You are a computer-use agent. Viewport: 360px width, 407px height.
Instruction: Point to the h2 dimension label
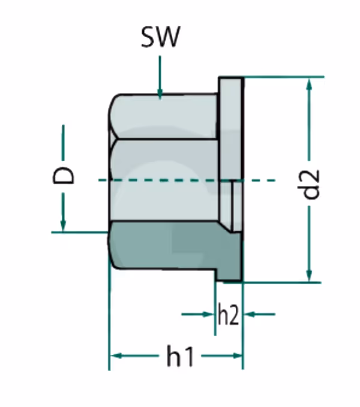228,315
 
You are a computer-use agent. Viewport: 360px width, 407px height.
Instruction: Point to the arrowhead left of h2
209,313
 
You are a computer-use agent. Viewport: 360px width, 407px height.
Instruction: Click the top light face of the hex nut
162,117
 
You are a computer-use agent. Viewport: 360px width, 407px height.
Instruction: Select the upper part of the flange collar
231,120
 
